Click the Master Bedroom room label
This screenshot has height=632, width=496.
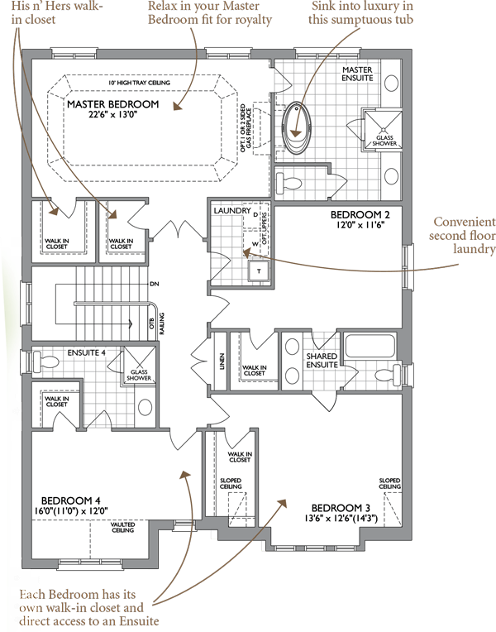[112, 104]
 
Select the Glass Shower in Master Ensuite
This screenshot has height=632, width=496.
[384, 130]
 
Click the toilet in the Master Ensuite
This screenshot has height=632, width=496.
[289, 182]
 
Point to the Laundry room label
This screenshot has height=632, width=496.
[232, 210]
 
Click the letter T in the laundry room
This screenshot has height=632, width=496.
[259, 271]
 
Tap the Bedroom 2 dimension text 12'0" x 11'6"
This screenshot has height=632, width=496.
[360, 225]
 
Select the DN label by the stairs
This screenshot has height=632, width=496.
[155, 284]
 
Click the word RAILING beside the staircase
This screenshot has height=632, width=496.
[161, 323]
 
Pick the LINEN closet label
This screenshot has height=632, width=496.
[222, 361]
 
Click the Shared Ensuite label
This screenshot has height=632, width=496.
[322, 361]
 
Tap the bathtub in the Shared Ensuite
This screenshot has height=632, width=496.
[370, 346]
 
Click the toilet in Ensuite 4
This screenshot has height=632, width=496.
[45, 360]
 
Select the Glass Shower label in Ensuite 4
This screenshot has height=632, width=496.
[139, 375]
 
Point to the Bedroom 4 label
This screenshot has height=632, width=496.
[70, 500]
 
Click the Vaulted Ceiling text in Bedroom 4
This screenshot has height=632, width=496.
[123, 527]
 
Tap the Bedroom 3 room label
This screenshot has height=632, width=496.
[341, 508]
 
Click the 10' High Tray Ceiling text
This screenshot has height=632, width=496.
[140, 83]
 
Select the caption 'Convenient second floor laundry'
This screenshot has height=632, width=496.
[462, 235]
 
